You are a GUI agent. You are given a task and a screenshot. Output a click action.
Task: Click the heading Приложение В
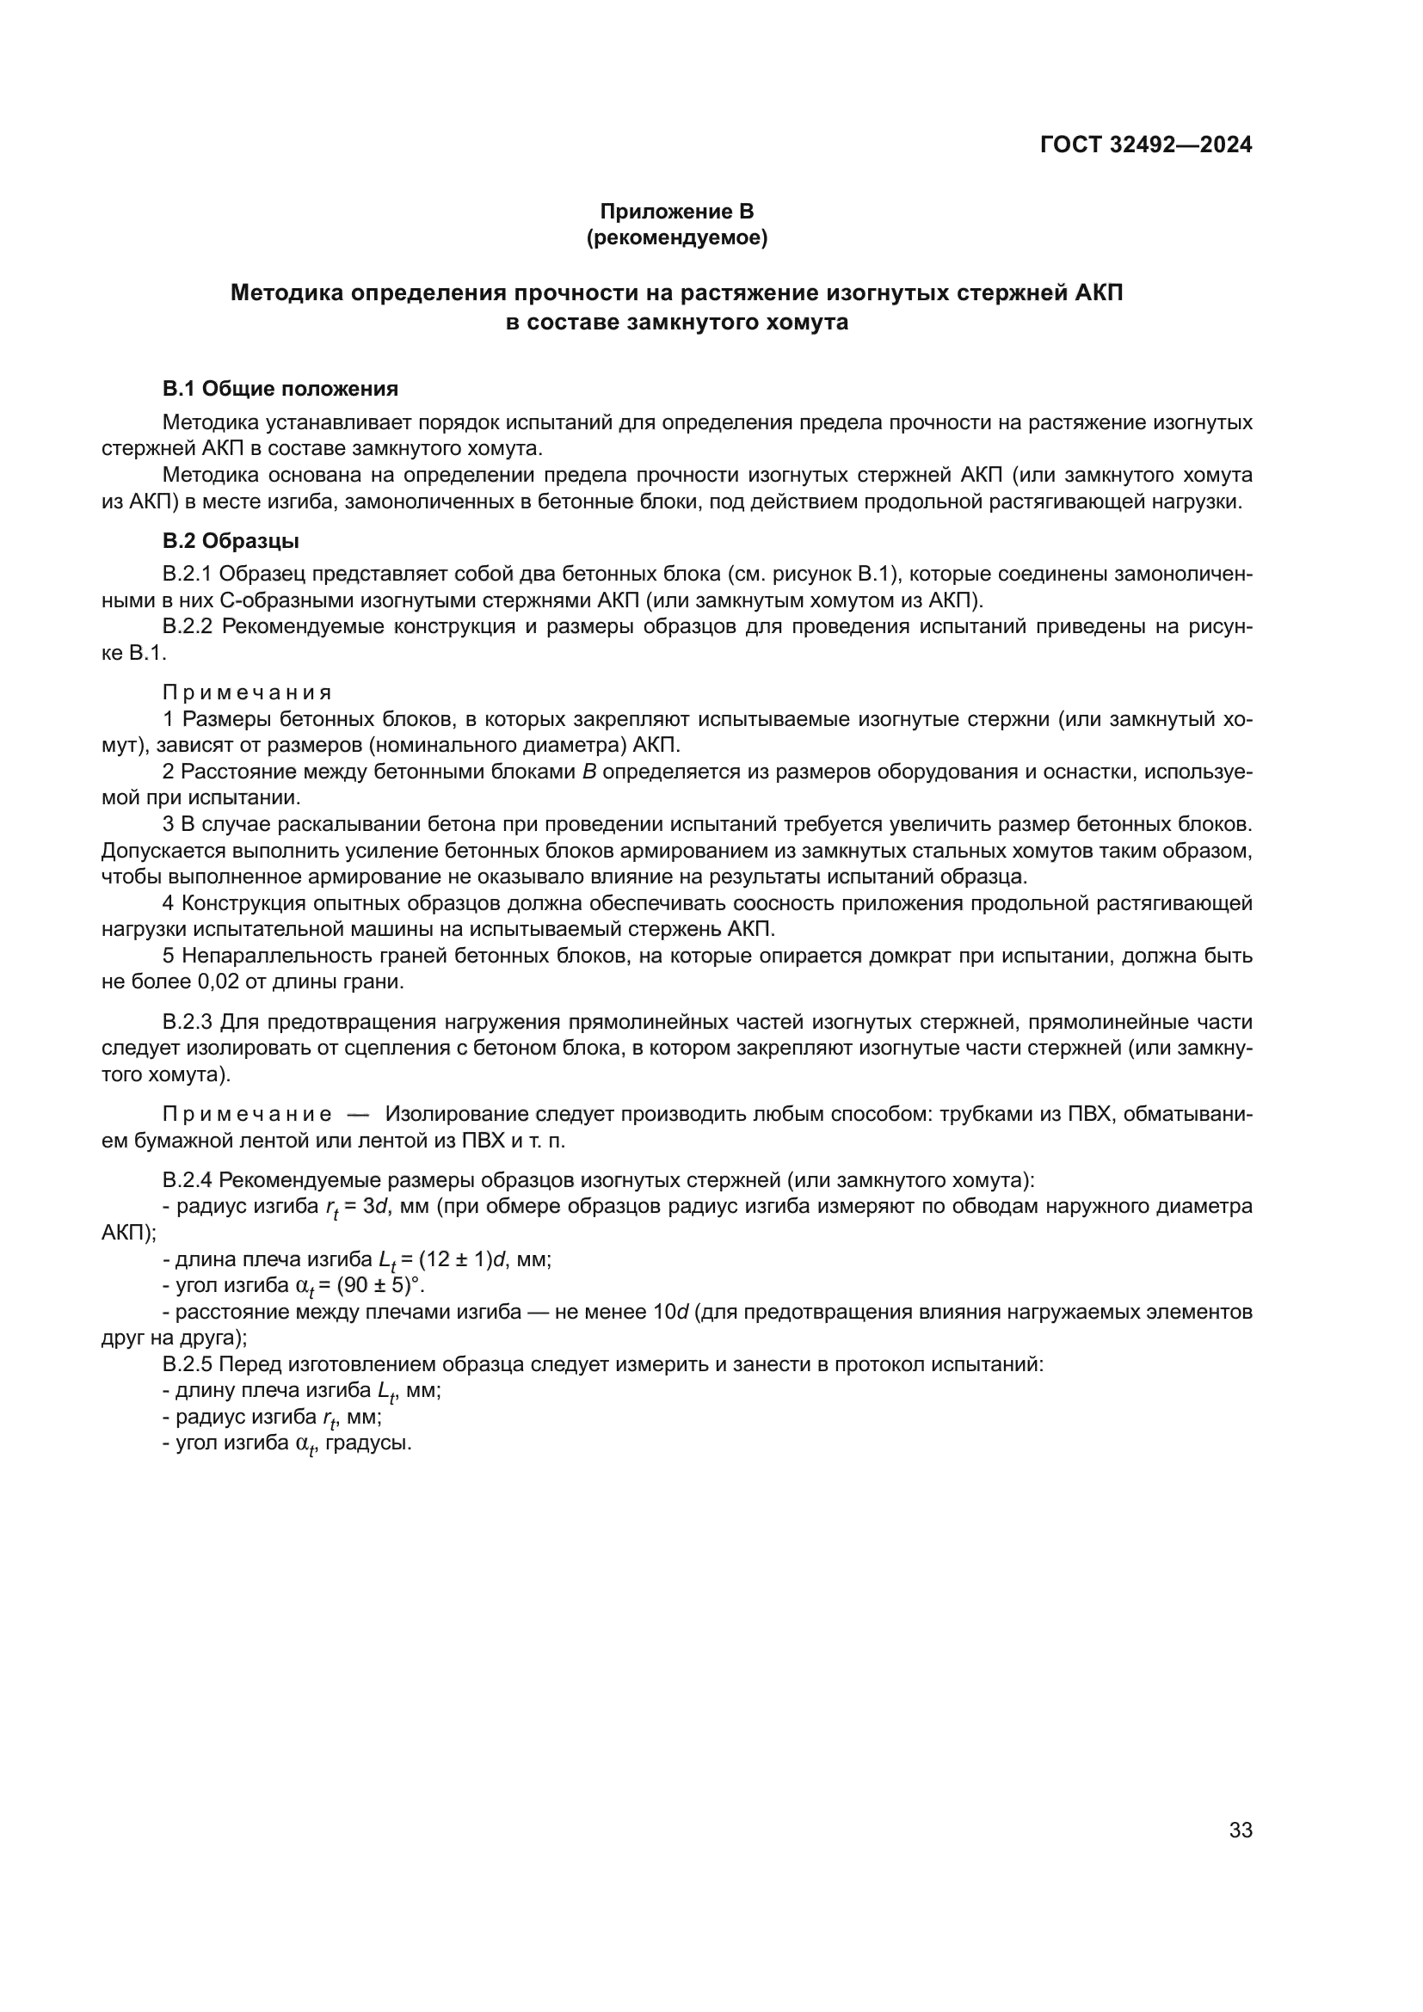tap(676, 212)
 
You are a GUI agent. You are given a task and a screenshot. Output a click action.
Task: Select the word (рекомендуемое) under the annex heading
tap(676, 238)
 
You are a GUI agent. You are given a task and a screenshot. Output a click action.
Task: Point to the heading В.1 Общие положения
tap(280, 389)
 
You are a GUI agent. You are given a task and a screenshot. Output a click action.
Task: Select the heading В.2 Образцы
tap(231, 542)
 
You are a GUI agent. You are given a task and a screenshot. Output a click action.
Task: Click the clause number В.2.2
tap(188, 627)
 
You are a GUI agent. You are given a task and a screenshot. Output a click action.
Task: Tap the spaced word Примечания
tap(247, 693)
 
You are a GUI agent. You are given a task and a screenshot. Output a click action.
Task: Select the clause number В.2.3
tap(188, 1023)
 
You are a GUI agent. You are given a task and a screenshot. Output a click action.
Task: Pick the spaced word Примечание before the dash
tap(247, 1115)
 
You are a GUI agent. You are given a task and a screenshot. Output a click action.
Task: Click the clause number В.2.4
tap(188, 1179)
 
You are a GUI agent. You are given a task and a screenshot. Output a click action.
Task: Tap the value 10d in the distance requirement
tap(671, 1313)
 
